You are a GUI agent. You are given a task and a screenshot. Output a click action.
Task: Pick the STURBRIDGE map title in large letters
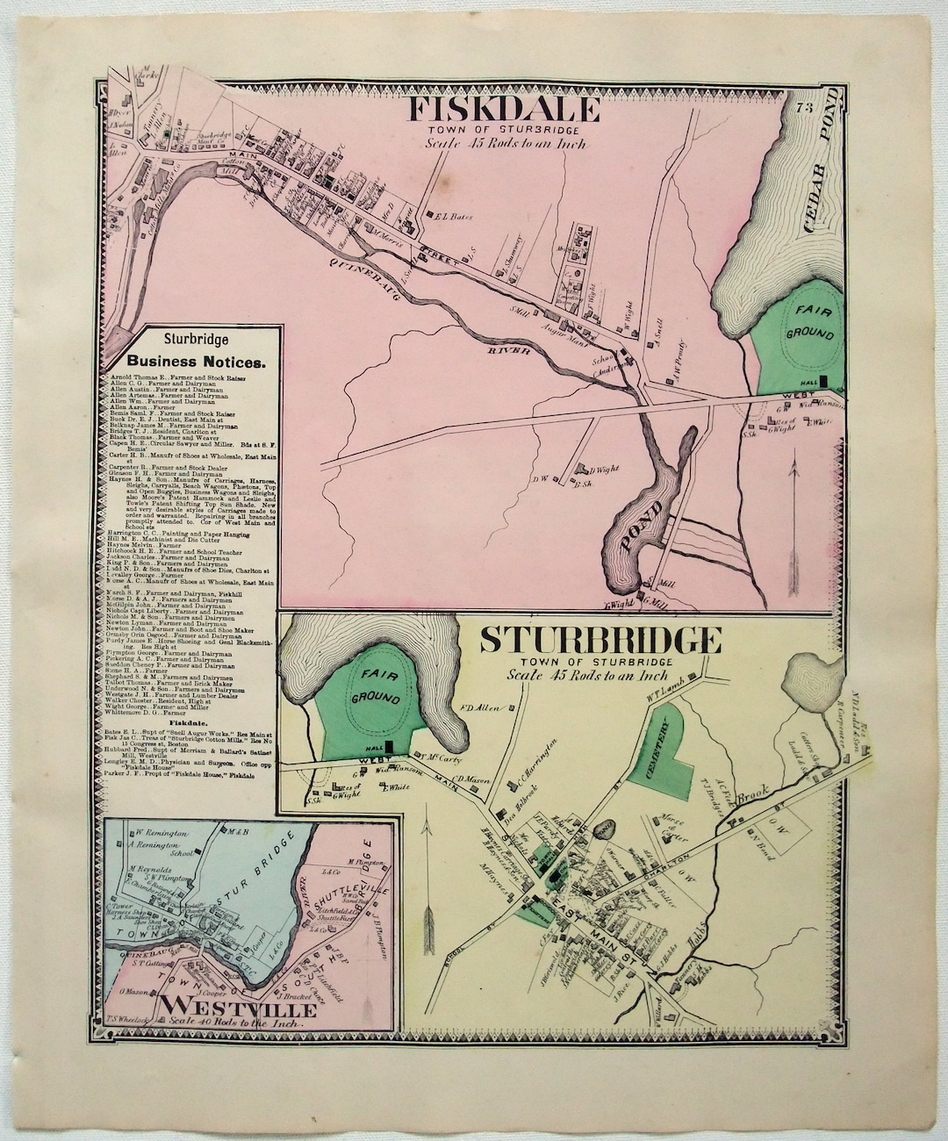[x=600, y=641]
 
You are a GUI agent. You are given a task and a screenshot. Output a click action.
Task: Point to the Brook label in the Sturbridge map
[x=750, y=798]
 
